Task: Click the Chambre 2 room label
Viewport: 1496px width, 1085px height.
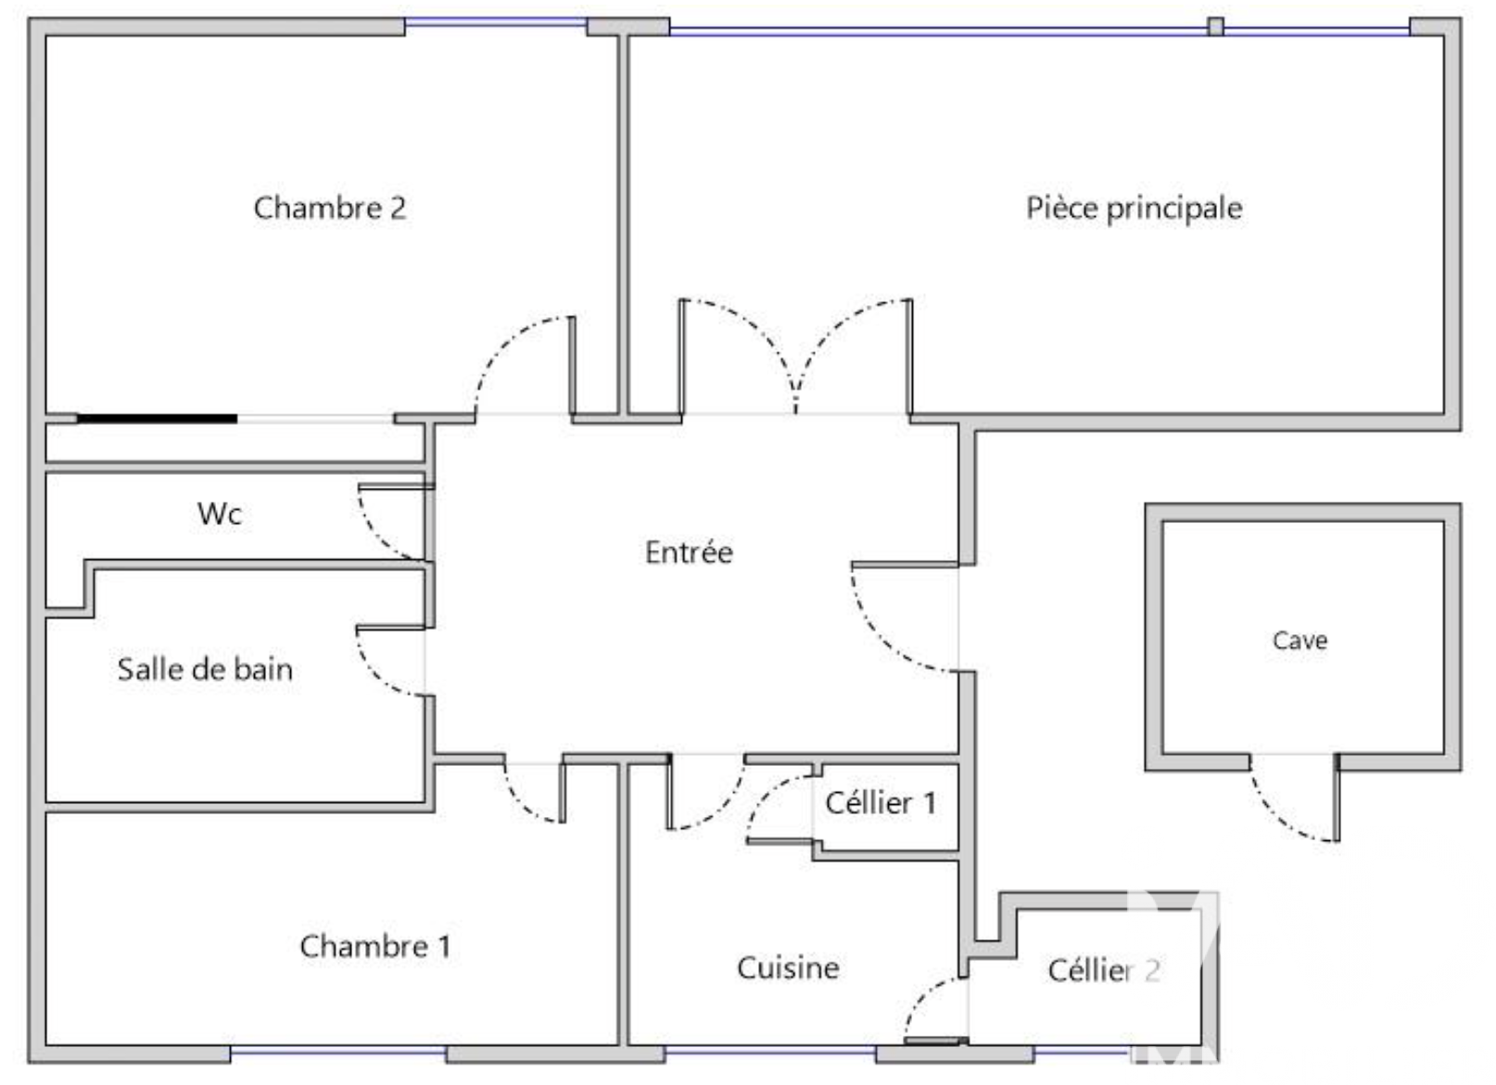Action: (330, 208)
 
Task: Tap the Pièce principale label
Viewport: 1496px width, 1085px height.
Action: (1134, 208)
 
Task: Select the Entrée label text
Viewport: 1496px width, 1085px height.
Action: (689, 553)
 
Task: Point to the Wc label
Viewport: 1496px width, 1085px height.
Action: (220, 514)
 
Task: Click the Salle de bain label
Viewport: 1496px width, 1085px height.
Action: (205, 670)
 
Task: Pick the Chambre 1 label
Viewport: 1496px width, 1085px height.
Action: (375, 946)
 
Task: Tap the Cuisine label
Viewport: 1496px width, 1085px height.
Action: (788, 968)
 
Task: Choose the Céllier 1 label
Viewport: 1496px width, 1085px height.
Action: (881, 803)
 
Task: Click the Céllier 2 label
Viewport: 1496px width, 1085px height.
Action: (1103, 971)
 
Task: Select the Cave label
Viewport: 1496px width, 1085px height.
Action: (1299, 641)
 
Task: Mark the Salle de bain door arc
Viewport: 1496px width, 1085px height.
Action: (375, 671)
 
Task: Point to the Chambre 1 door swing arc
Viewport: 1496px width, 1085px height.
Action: (524, 801)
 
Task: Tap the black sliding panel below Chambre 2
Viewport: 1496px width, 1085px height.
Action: (157, 419)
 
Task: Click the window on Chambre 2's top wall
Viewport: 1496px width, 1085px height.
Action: (496, 22)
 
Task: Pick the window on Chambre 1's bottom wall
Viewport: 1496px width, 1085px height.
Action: (338, 1053)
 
